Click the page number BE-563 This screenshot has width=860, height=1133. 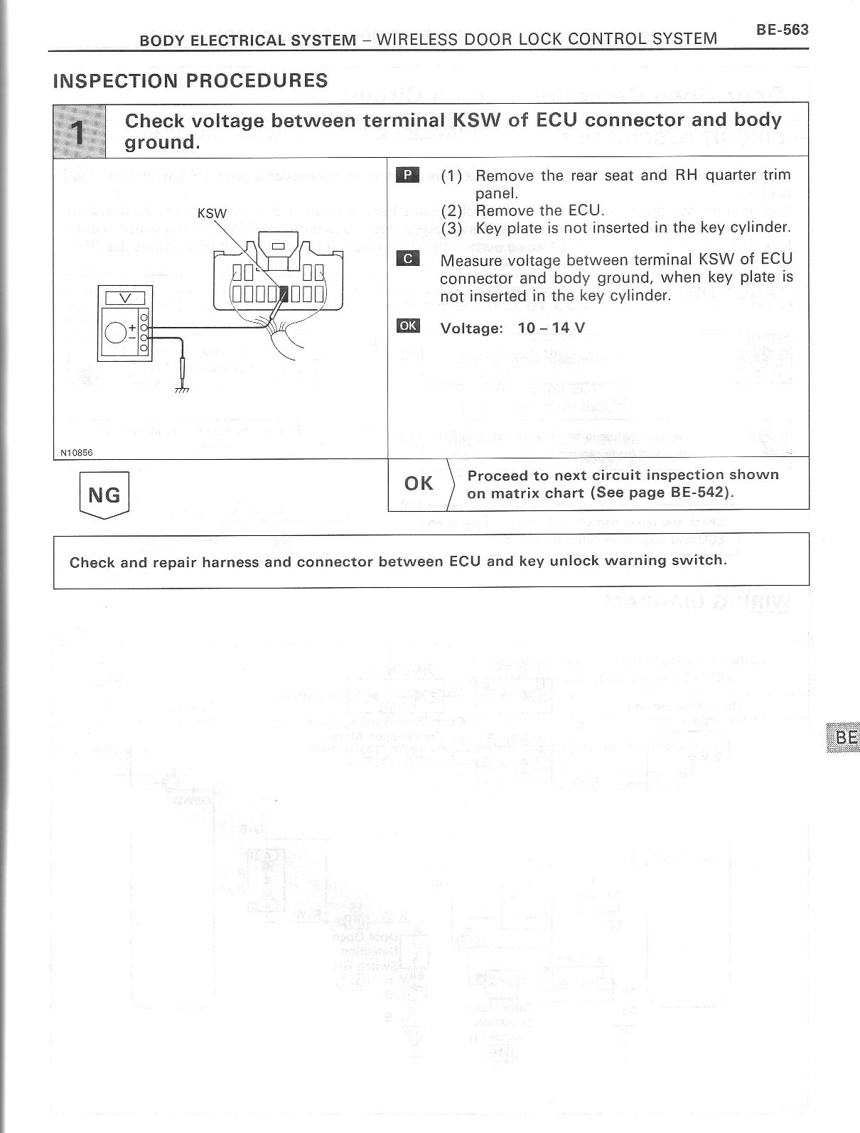coord(782,30)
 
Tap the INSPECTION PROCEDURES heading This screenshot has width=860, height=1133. coord(190,80)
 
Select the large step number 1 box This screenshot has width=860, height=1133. coord(80,131)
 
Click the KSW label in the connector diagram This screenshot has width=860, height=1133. coord(212,213)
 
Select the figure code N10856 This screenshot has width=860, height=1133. coord(76,452)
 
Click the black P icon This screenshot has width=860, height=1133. coord(408,174)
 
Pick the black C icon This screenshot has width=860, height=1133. coord(408,259)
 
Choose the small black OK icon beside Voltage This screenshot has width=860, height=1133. coord(408,326)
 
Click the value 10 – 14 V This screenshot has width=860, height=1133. coord(552,328)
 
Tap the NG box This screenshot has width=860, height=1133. coord(104,494)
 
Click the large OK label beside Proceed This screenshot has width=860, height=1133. coord(419,483)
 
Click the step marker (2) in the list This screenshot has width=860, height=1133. coord(452,210)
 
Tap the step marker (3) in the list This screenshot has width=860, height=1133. coord(452,228)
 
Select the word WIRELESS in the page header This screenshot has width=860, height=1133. coord(416,39)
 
